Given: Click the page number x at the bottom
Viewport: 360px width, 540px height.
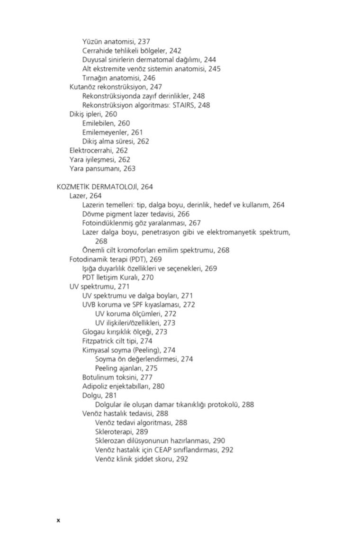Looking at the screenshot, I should pos(58,520).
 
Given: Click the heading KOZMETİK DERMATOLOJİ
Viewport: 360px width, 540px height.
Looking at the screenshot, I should pos(97,187).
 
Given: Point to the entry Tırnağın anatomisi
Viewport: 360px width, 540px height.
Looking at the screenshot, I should pos(111,78).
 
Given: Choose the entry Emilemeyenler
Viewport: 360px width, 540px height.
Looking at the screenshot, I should pos(105,132).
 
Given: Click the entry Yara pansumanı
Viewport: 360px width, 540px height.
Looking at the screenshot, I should pos(95,169).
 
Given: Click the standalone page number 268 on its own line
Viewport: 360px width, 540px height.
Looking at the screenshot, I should pos(101,241).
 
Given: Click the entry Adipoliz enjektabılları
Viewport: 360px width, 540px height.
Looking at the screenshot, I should pos(116,386).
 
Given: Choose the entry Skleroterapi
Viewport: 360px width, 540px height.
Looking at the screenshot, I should pos(115,432).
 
